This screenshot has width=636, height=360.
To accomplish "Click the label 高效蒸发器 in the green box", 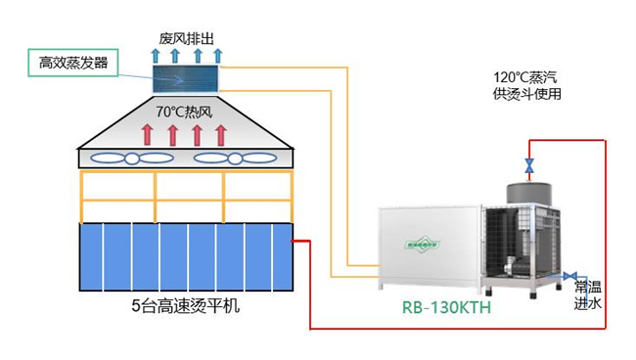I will (x=73, y=64).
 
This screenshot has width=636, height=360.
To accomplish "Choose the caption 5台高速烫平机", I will (x=185, y=305).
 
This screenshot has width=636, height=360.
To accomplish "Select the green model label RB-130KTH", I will (x=446, y=307).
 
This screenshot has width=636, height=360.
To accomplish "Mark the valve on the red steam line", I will (x=529, y=165).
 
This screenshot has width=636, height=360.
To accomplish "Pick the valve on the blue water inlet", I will (x=571, y=277).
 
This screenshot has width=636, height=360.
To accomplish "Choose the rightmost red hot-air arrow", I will (x=221, y=134).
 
